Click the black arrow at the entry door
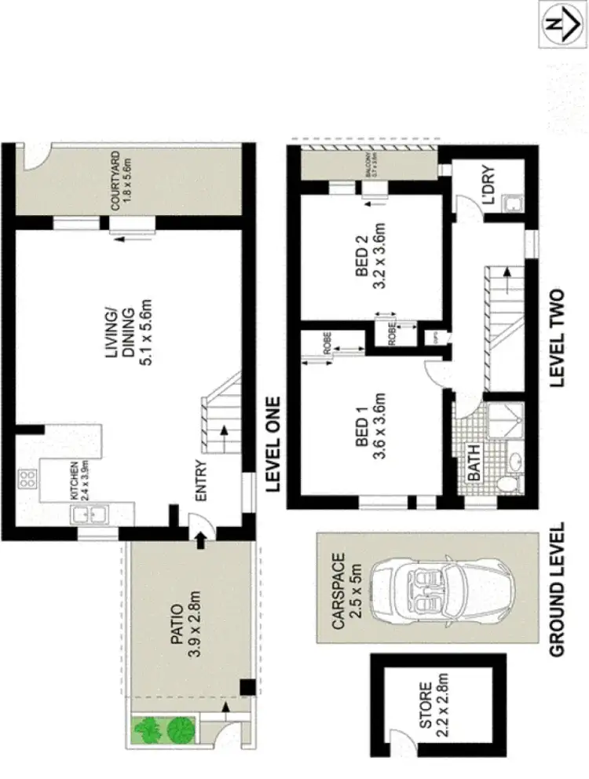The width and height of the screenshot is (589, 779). pyautogui.click(x=200, y=539)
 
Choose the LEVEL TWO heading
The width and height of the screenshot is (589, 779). pyautogui.click(x=558, y=337)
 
